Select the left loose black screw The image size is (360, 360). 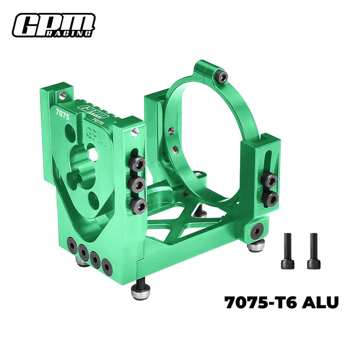(x=286, y=250)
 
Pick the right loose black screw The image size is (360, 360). (x=313, y=250)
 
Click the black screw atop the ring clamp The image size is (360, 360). (x=222, y=77)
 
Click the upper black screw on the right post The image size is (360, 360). (x=268, y=180)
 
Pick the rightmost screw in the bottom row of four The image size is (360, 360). (x=106, y=265)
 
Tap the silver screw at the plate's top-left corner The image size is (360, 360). (x=62, y=95)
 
